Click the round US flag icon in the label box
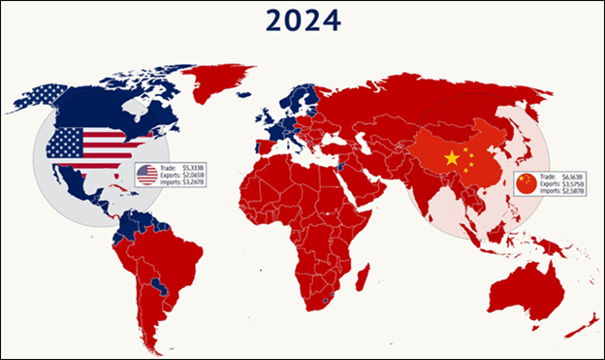147,175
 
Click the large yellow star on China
451,158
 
